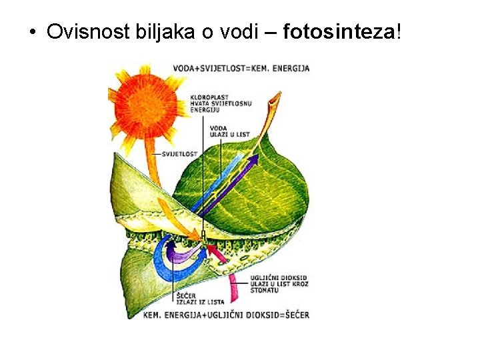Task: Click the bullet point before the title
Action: point(32,32)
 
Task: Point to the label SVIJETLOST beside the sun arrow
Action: point(179,153)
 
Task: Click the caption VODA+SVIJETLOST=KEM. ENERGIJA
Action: point(241,68)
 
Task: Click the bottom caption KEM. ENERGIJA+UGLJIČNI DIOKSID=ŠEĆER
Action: point(227,315)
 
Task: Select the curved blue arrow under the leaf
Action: point(163,263)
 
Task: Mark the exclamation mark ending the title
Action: point(399,31)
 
